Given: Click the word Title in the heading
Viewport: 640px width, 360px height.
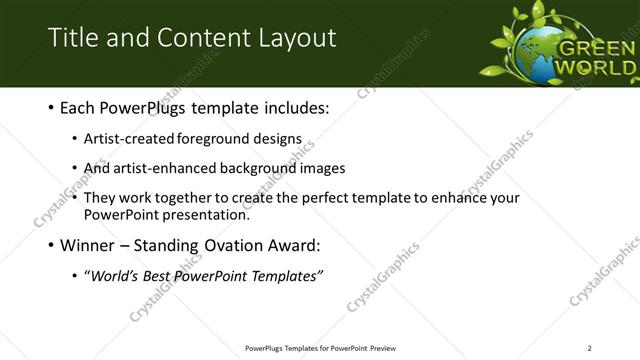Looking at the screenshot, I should point(73,39).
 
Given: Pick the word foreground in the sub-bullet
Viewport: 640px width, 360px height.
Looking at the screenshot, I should point(213,140).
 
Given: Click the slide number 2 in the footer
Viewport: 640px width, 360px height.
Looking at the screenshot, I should point(589,348).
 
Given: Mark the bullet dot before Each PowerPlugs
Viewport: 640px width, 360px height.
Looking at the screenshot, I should point(51,107).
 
